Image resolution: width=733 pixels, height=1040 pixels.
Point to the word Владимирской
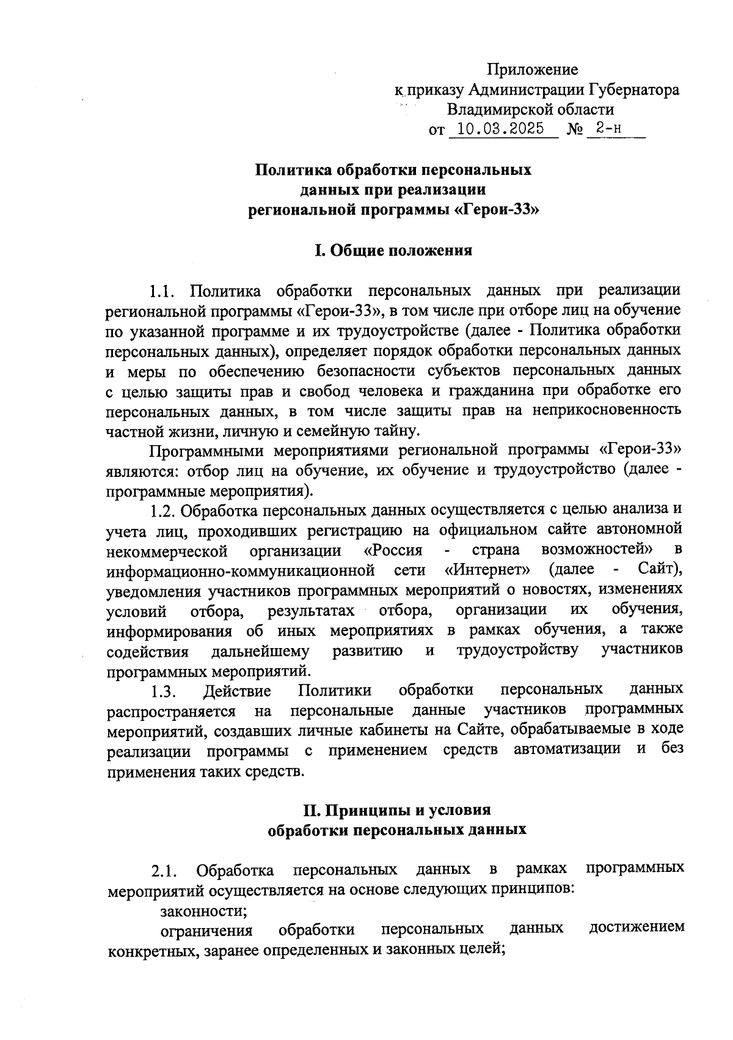click(508, 110)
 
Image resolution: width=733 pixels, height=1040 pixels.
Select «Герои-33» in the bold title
click(500, 210)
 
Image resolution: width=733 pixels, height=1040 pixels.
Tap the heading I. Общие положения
click(393, 251)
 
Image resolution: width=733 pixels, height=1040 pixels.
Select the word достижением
click(636, 929)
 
